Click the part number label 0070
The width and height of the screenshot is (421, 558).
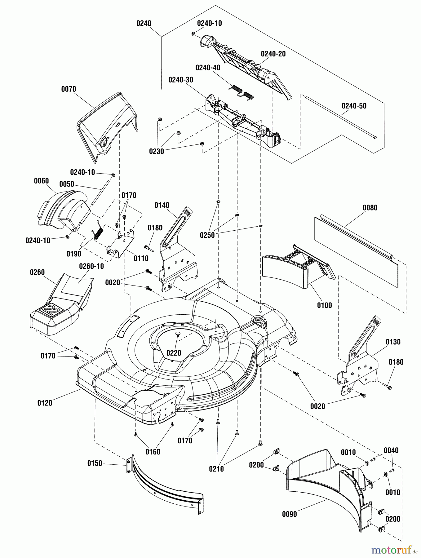(69, 89)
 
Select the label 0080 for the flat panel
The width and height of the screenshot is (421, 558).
(370, 208)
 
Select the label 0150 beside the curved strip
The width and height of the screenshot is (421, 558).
(95, 463)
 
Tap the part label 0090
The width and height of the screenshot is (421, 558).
(290, 514)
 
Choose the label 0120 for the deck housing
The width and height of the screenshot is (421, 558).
(45, 403)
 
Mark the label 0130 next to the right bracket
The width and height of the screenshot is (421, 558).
(393, 342)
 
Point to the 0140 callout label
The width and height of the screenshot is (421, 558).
(162, 205)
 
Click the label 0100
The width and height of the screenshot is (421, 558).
(324, 305)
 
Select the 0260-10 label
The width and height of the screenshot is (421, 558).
(91, 266)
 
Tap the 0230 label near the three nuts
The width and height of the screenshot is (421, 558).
(157, 152)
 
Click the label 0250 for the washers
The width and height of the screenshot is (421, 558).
(207, 235)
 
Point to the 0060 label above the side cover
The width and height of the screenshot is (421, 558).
(41, 181)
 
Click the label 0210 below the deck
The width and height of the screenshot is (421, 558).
(216, 469)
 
